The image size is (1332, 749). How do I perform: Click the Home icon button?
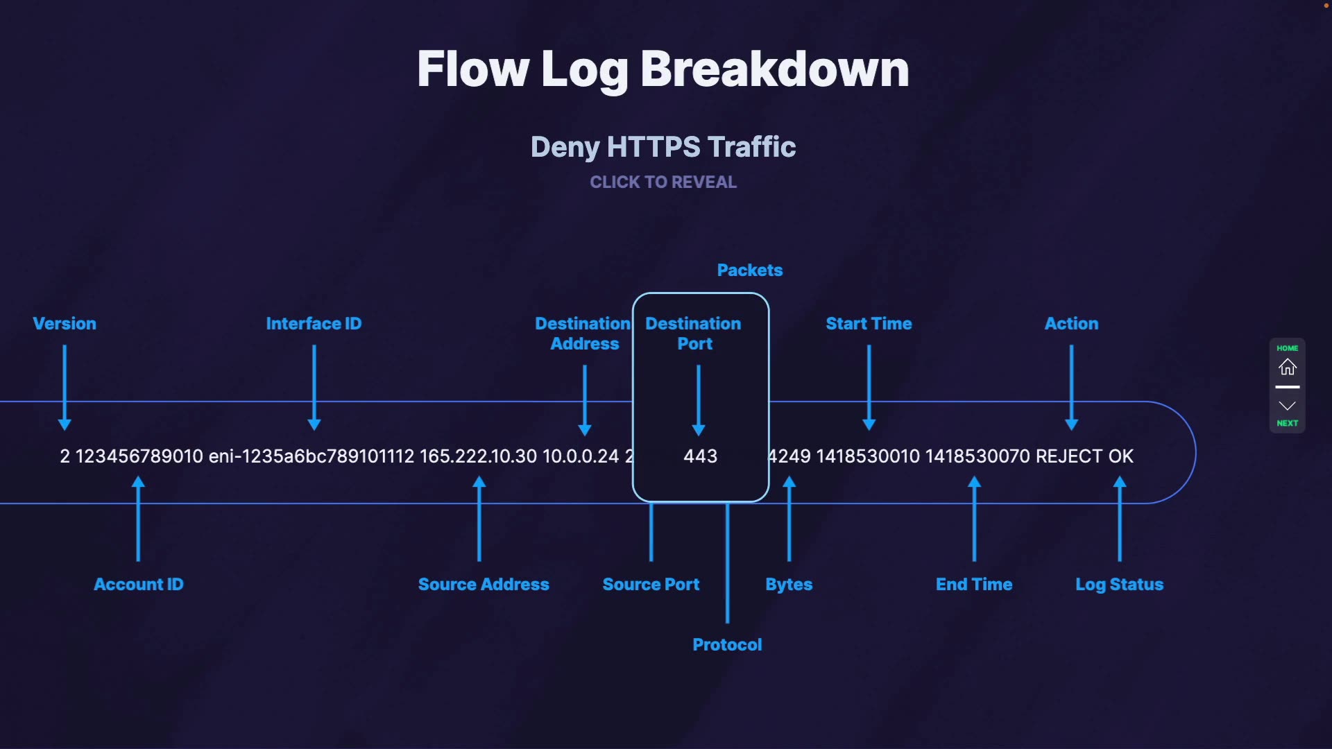point(1287,366)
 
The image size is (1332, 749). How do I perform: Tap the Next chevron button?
point(1287,406)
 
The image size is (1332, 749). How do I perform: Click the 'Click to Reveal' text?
point(663,182)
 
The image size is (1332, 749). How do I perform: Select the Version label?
point(65,324)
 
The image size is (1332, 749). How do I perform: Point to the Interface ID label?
point(314,324)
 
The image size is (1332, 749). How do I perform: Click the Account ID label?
point(139,585)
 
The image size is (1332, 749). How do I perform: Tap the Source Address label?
point(484,585)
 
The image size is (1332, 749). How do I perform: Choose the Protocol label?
point(727,645)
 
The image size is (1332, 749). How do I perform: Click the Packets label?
point(749,270)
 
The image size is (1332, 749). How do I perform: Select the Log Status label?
point(1119,585)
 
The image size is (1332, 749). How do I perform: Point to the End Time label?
point(974,585)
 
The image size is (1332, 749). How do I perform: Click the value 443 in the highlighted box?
point(700,456)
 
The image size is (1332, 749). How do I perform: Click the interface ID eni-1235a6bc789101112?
point(311,456)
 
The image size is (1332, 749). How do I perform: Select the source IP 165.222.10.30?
point(478,456)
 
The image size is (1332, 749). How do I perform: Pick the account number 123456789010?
point(139,456)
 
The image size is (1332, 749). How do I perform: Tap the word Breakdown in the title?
point(774,69)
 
